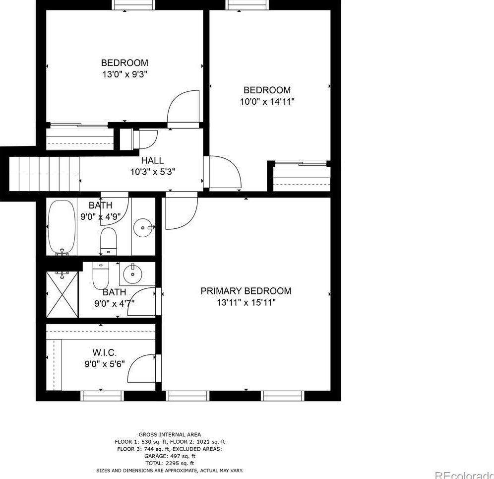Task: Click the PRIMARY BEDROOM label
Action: tap(246, 291)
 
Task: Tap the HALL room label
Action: tap(152, 160)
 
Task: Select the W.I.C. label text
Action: tap(104, 353)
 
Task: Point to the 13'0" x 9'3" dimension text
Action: tap(124, 74)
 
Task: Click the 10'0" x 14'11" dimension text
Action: tap(266, 101)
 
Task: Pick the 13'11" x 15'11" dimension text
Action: tap(246, 302)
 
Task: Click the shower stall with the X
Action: tap(62, 294)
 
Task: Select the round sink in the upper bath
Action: tap(144, 228)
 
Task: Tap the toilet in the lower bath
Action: tap(100, 275)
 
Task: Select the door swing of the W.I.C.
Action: tap(142, 368)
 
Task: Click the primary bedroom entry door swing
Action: tap(181, 212)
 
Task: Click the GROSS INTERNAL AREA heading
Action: tap(170, 434)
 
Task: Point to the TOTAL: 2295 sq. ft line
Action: tap(170, 463)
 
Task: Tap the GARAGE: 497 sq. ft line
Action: tap(170, 456)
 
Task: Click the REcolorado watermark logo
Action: tap(464, 474)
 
